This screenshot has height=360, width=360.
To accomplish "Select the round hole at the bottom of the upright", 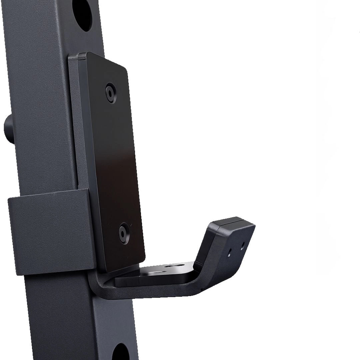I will pyautogui.click(x=121, y=353).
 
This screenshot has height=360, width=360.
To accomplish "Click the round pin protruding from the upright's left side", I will pyautogui.click(x=8, y=128).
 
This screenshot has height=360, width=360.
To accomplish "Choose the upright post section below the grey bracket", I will pyautogui.click(x=77, y=317).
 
